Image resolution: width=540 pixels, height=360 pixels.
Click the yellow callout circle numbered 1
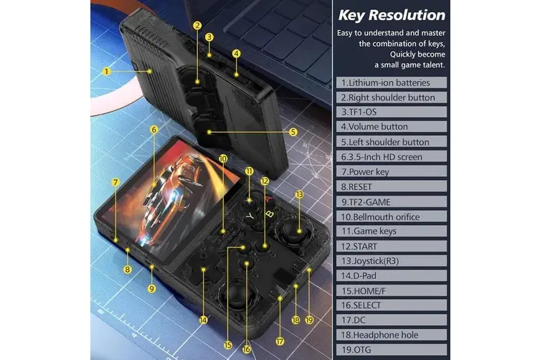106,71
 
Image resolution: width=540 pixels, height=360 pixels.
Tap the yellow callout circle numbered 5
293,132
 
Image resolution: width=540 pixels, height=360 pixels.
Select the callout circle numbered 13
299,194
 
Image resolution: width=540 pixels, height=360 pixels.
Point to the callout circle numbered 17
280,341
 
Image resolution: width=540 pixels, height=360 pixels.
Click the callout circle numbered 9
151,289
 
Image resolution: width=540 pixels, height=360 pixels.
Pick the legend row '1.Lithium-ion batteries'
392,82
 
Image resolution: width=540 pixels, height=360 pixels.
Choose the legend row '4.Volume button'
392,127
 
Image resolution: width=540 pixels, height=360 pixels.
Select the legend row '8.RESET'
392,186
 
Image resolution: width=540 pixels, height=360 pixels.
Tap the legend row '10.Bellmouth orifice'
392,217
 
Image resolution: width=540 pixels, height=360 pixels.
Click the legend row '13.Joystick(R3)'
392,261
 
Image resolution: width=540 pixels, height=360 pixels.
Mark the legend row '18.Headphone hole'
392,335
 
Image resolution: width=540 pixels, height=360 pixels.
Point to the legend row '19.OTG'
392,350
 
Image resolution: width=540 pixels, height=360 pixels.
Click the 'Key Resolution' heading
392,15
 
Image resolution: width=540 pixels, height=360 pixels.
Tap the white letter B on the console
270,214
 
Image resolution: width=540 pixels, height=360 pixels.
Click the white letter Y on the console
250,217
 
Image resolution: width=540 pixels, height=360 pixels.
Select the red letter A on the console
269,199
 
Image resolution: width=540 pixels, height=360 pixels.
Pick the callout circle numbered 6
154,130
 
